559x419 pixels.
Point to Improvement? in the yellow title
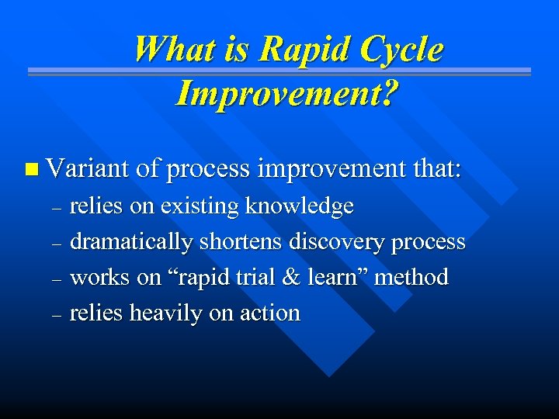pos(288,93)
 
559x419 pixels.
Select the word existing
pos(200,206)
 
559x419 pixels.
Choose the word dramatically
pos(131,242)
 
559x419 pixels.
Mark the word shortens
pos(241,242)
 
